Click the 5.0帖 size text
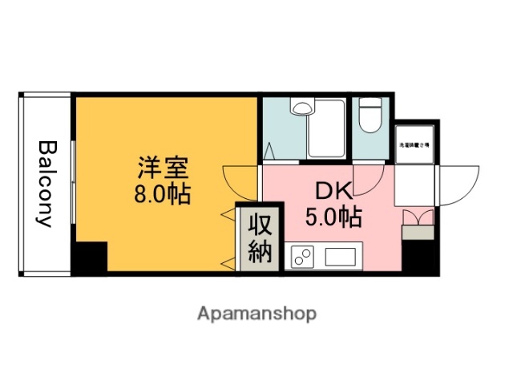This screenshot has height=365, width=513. (x=333, y=216)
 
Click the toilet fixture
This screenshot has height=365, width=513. (x=371, y=115)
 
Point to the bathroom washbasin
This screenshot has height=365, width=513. (x=302, y=107)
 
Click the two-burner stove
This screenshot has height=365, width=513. (x=304, y=258)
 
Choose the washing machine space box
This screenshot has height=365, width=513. (x=414, y=145)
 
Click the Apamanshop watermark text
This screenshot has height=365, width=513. (x=256, y=313)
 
